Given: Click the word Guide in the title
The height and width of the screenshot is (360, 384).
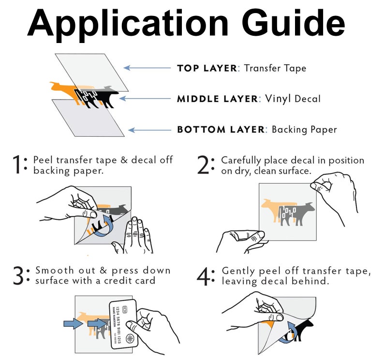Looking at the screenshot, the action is (x=294, y=23).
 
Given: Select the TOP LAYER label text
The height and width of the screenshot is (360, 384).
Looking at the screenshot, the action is (x=207, y=68).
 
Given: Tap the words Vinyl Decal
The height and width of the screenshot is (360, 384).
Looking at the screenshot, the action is (x=293, y=99).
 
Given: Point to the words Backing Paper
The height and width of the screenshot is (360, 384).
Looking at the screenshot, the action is (x=304, y=130).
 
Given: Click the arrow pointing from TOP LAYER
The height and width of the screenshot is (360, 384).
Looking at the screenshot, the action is (x=148, y=68).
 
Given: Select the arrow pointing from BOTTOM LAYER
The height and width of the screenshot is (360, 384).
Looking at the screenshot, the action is (x=150, y=130).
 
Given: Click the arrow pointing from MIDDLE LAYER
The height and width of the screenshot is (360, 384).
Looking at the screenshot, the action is (x=145, y=99).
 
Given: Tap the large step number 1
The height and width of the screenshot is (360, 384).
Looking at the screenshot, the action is (x=17, y=164).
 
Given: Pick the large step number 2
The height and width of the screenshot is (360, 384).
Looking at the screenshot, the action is (x=203, y=165).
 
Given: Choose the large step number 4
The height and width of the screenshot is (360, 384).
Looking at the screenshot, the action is (x=203, y=276).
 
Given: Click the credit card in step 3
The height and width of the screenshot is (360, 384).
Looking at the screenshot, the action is (x=123, y=324).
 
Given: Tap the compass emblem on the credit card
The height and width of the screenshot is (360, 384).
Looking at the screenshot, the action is (x=130, y=339).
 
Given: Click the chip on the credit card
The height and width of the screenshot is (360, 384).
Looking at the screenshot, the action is (x=124, y=309).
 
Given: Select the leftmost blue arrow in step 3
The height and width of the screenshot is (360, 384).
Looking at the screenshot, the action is (x=73, y=324).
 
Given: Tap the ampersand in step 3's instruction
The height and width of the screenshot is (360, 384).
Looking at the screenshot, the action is (x=103, y=271).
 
